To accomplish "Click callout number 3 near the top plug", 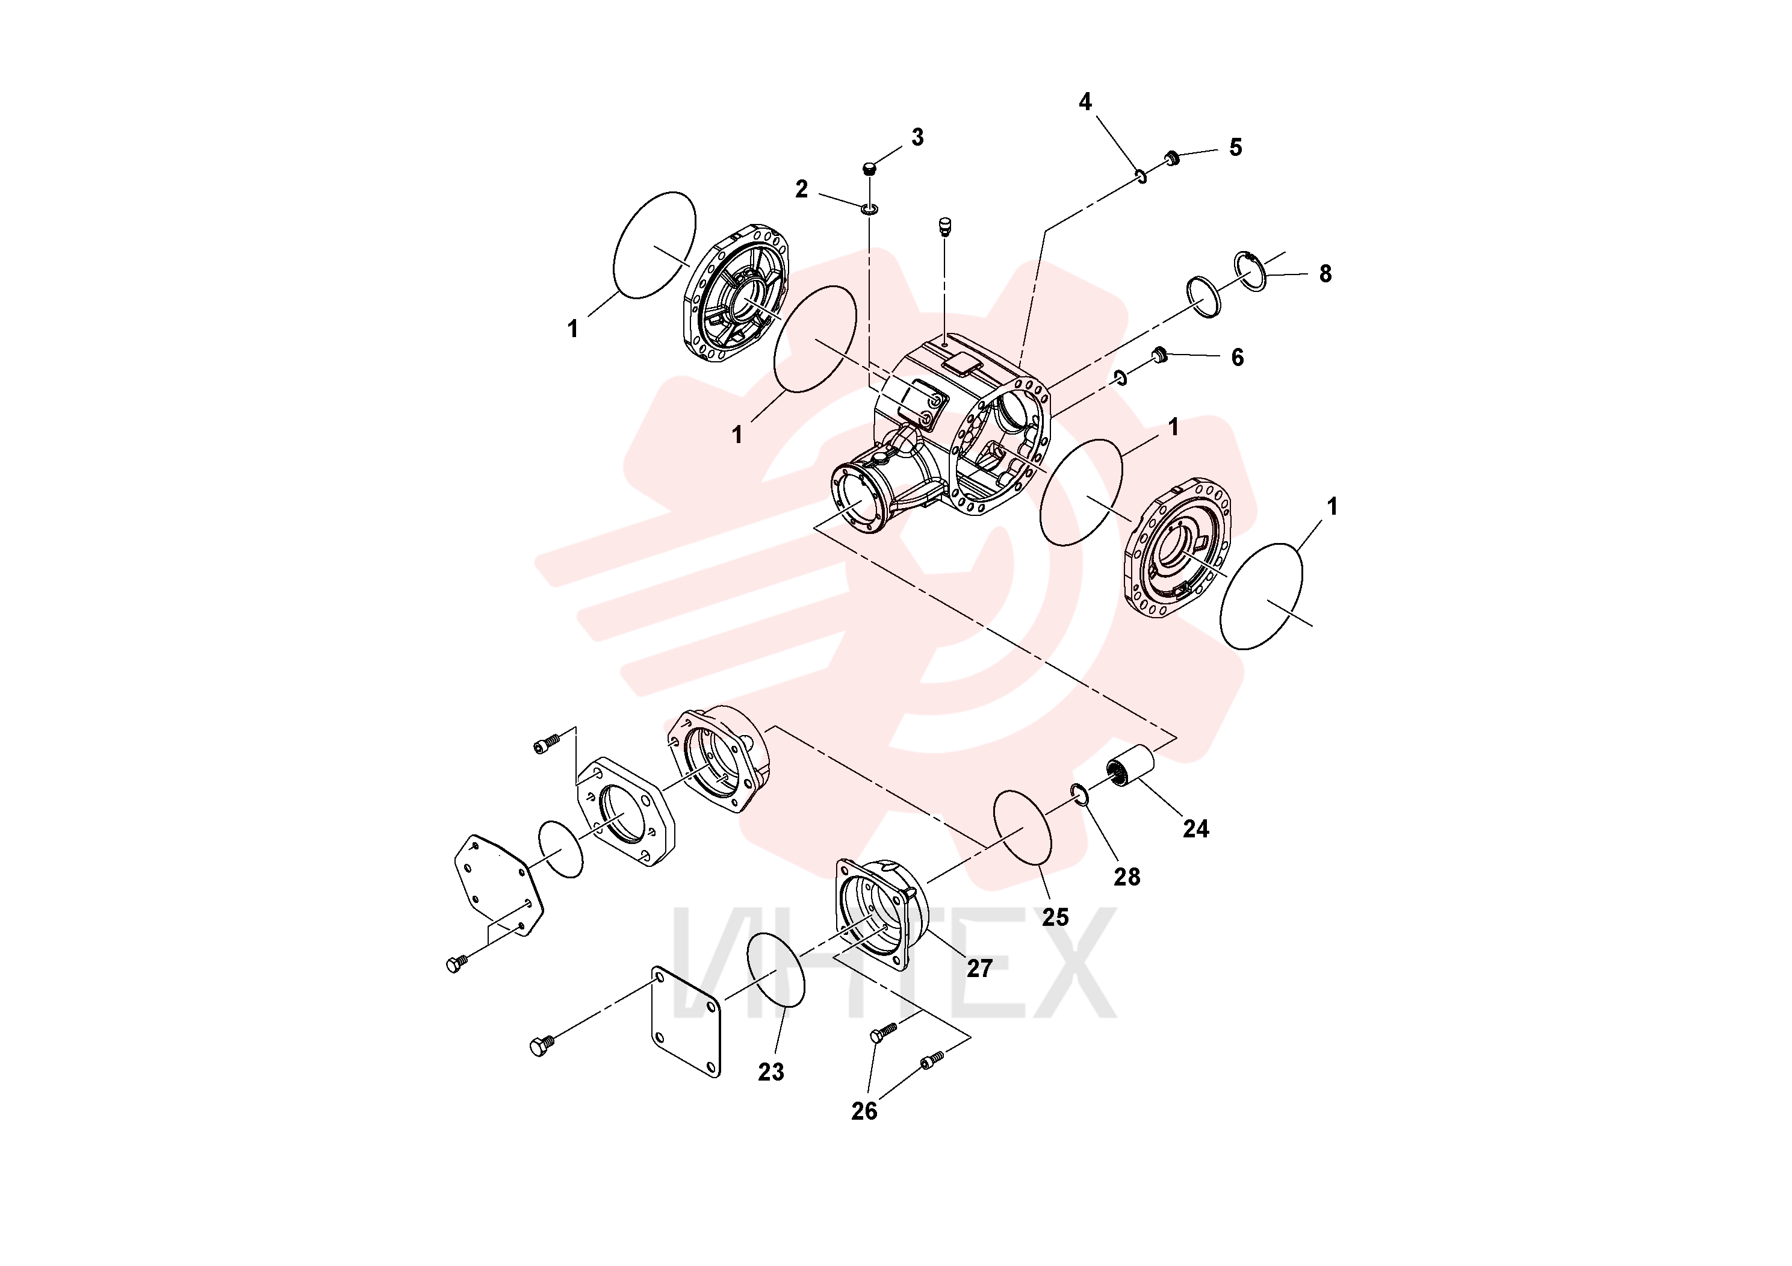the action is coord(917,137).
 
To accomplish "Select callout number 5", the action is coord(1236,147).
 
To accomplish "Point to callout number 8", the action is coord(1325,273).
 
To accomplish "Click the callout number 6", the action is coord(1237,358).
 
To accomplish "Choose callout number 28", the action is coord(1127,877).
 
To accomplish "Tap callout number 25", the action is coord(1055,917).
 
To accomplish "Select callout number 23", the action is coord(771,1072).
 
